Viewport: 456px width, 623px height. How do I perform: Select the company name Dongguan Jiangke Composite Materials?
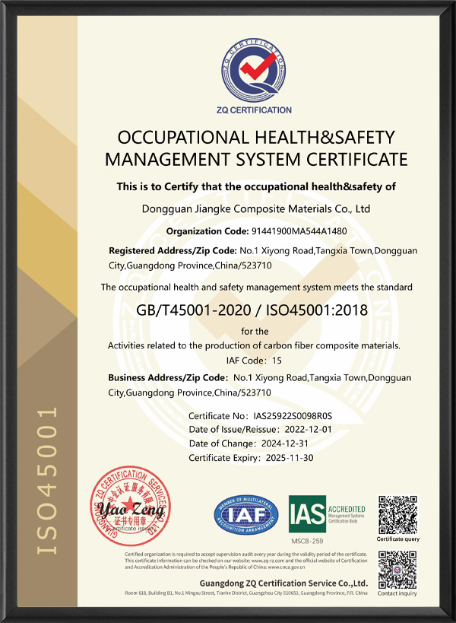256,208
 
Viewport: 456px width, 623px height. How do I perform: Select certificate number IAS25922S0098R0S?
293,417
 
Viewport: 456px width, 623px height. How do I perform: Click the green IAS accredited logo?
327,513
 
